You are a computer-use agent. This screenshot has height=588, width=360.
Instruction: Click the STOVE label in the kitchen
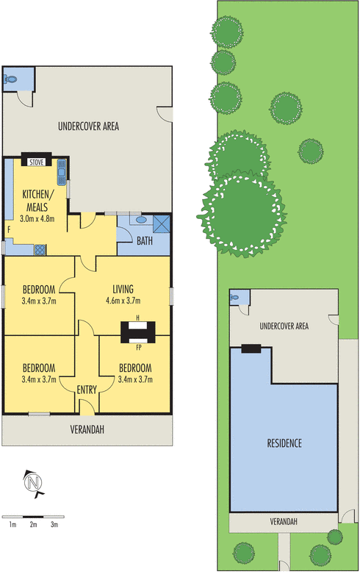(x=37, y=162)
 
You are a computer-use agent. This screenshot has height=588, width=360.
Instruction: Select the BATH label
(x=145, y=241)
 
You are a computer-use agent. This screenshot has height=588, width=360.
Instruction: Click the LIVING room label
(x=123, y=289)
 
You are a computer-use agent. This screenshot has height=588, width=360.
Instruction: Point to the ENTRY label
(x=87, y=390)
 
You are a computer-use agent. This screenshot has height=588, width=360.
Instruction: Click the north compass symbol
(x=33, y=483)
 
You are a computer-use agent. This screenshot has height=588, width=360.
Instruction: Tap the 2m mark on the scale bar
(x=33, y=525)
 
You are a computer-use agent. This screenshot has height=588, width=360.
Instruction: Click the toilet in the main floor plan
(x=10, y=79)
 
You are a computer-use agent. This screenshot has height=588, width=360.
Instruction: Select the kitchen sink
(x=62, y=172)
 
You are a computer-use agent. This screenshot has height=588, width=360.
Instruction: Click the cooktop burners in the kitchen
(x=40, y=250)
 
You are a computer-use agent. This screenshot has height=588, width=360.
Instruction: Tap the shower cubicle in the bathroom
(x=162, y=224)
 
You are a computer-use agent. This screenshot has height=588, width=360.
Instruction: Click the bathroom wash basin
(x=141, y=220)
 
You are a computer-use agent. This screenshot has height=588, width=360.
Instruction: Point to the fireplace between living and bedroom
(x=137, y=332)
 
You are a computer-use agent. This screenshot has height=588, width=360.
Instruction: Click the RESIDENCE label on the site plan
(x=284, y=443)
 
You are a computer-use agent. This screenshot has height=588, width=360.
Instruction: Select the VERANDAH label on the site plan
(x=284, y=521)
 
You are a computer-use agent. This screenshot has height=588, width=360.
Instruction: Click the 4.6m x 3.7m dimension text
(x=123, y=301)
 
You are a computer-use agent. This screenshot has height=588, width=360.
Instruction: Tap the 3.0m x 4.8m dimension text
(x=37, y=218)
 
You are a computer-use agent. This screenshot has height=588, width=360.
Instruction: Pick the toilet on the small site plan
(x=235, y=298)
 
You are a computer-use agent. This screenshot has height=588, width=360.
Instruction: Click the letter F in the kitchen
(x=9, y=229)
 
